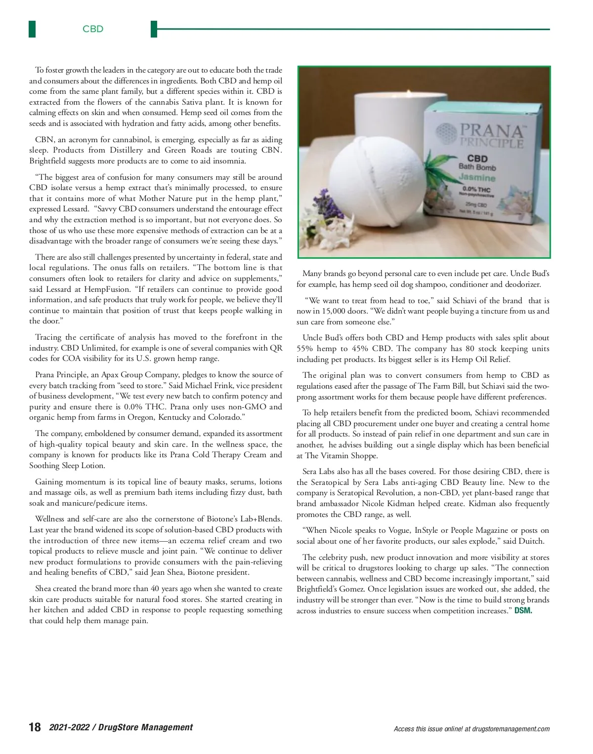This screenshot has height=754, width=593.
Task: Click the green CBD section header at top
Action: (93, 29)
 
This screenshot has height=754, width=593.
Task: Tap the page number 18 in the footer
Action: (35, 727)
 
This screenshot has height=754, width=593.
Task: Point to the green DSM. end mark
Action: (523, 611)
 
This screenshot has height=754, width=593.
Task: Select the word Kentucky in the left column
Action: (174, 417)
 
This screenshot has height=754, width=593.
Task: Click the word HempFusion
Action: (107, 289)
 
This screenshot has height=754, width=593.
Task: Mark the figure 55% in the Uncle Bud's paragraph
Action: (305, 349)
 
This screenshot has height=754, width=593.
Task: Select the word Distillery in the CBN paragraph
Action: (126, 150)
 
